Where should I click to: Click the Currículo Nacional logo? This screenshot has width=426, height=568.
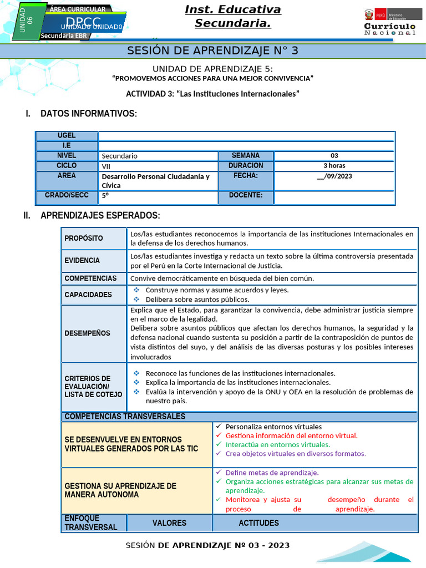pos(389,22)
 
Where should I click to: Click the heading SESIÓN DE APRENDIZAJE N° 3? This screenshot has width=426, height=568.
pos(213,50)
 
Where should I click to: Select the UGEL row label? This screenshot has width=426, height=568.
pos(67,136)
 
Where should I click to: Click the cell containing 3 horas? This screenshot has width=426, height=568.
pos(334,166)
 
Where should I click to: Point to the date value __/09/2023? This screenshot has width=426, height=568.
pos(334,176)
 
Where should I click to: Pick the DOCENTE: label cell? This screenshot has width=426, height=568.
pos(245,196)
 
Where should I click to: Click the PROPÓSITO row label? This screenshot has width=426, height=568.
pos(84,239)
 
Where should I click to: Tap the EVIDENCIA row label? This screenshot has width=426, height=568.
pos(82,261)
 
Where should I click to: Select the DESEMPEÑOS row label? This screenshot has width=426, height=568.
pos(87,333)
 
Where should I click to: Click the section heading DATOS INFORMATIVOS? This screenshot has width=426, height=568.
pos(88,114)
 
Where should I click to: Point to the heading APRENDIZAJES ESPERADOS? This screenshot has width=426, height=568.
pos(100,215)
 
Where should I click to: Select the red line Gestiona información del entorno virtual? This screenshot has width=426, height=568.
pos(291,436)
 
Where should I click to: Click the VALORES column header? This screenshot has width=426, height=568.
pos(169,523)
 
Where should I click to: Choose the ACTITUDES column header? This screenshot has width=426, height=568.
pos(258,523)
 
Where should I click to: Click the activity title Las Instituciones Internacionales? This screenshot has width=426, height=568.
pos(212,94)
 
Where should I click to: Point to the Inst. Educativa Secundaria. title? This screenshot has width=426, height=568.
pos(232,16)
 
